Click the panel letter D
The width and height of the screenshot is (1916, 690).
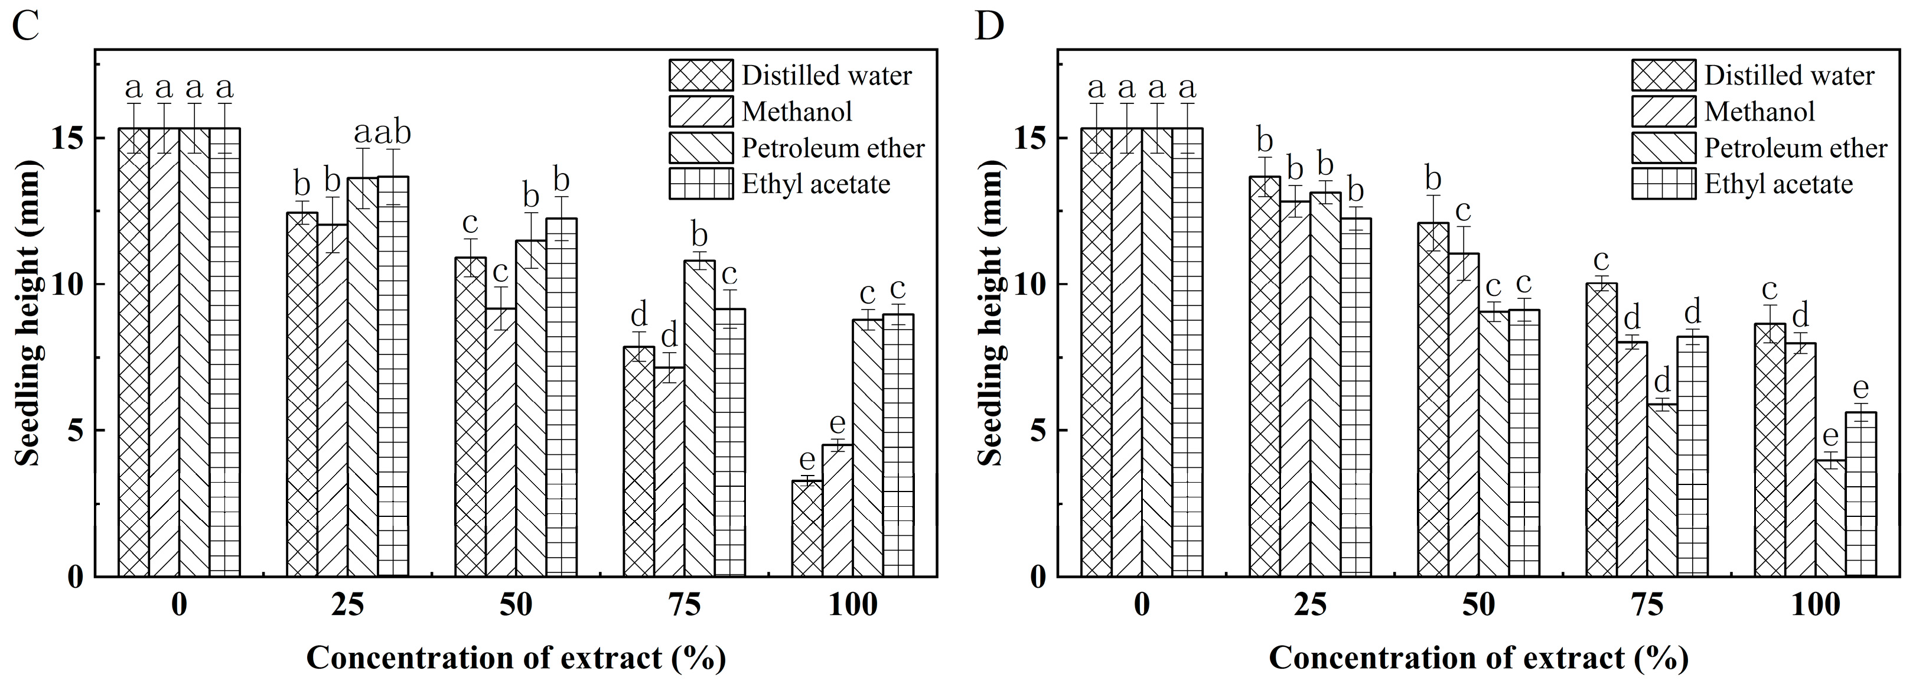click(989, 28)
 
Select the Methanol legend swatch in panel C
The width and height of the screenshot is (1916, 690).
click(700, 112)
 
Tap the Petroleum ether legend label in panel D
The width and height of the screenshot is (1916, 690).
click(1796, 148)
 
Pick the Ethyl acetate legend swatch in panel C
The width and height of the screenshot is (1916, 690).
click(700, 184)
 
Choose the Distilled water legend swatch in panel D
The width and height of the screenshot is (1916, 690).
click(1664, 75)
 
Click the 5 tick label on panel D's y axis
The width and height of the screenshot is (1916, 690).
click(1038, 430)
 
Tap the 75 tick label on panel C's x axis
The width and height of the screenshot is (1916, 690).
click(685, 605)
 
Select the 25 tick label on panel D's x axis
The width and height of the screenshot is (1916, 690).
click(1311, 605)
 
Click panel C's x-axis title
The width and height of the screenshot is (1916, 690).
click(516, 658)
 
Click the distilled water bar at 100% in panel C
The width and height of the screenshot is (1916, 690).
click(807, 529)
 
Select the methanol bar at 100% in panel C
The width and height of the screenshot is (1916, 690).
click(838, 510)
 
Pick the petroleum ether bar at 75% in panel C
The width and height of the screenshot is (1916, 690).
click(700, 417)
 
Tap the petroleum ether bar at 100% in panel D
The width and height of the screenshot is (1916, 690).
click(1830, 517)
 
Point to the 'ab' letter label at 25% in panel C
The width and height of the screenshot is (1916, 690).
click(393, 134)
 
